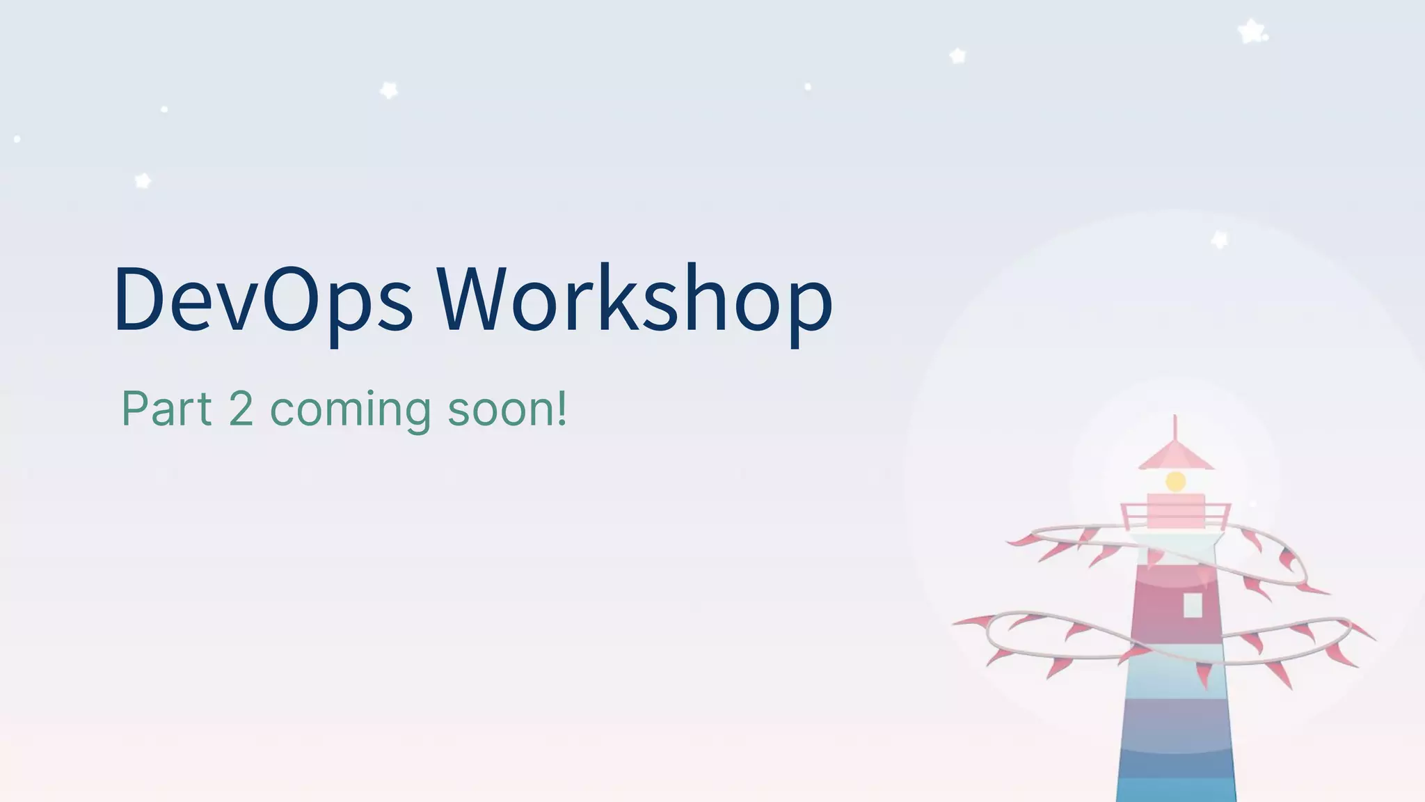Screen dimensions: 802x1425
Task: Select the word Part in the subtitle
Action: point(166,409)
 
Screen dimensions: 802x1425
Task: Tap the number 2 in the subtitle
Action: point(241,409)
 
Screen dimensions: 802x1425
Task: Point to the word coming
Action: point(350,410)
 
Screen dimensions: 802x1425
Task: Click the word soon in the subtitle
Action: point(500,410)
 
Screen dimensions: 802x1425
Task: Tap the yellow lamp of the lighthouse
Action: point(1175,481)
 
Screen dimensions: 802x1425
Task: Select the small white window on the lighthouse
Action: point(1193,605)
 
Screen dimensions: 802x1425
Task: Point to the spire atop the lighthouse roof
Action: point(1175,426)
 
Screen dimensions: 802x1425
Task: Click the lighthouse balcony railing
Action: point(1175,517)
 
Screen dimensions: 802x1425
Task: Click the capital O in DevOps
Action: point(287,298)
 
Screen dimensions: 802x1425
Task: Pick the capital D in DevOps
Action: point(139,298)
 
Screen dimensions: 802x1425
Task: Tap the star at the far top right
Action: point(1252,31)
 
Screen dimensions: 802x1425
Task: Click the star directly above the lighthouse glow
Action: point(1219,239)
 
